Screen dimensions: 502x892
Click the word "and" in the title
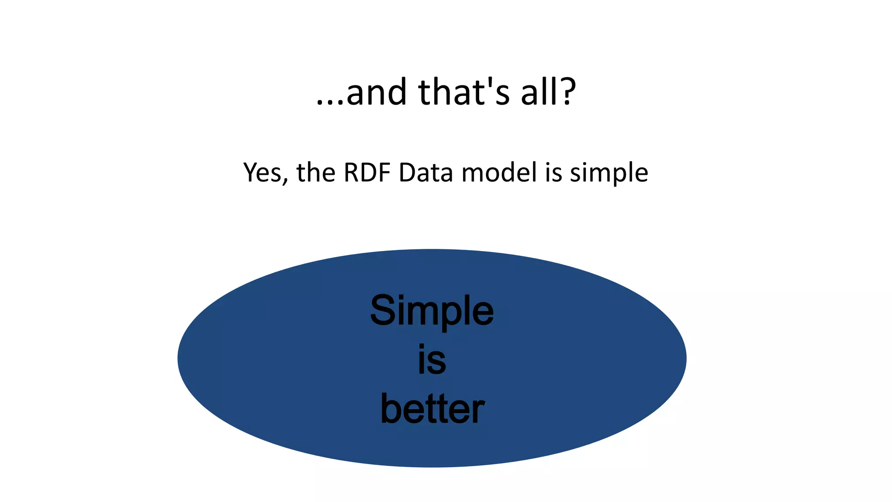(376, 93)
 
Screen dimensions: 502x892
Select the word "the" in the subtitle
(316, 173)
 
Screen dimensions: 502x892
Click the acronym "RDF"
(367, 173)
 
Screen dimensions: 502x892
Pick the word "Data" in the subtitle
(426, 173)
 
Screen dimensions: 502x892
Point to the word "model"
(499, 173)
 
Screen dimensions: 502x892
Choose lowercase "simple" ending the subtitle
(609, 173)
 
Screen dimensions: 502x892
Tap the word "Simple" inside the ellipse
(432, 311)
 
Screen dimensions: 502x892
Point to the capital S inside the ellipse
(383, 310)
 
